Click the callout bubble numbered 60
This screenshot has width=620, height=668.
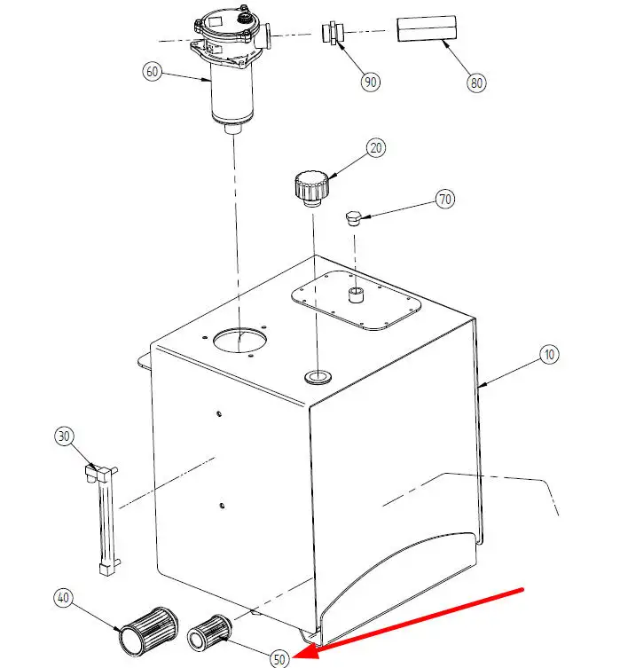pos(152,72)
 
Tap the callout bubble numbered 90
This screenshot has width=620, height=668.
pos(371,82)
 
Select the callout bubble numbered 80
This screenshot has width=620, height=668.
pos(476,83)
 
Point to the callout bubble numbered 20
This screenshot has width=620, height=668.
pos(376,148)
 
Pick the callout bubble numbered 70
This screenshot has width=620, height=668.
pos(445,200)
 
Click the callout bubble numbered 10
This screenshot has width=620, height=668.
pos(549,355)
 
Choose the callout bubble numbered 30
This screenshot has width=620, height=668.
pos(64,436)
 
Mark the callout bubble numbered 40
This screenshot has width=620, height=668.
pos(63,598)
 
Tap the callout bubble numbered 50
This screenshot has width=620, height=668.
pos(279,659)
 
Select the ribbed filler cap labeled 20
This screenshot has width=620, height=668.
pos(311,189)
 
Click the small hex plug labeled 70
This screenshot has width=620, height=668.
pos(353,218)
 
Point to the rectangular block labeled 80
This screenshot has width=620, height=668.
pos(427,28)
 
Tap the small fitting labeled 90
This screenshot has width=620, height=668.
pos(333,33)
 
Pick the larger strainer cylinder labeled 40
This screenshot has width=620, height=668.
pos(149,632)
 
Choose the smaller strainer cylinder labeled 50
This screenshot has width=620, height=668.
pos(210,633)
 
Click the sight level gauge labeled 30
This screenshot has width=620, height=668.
pos(103,521)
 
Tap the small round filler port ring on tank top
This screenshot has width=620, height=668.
pos(318,377)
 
